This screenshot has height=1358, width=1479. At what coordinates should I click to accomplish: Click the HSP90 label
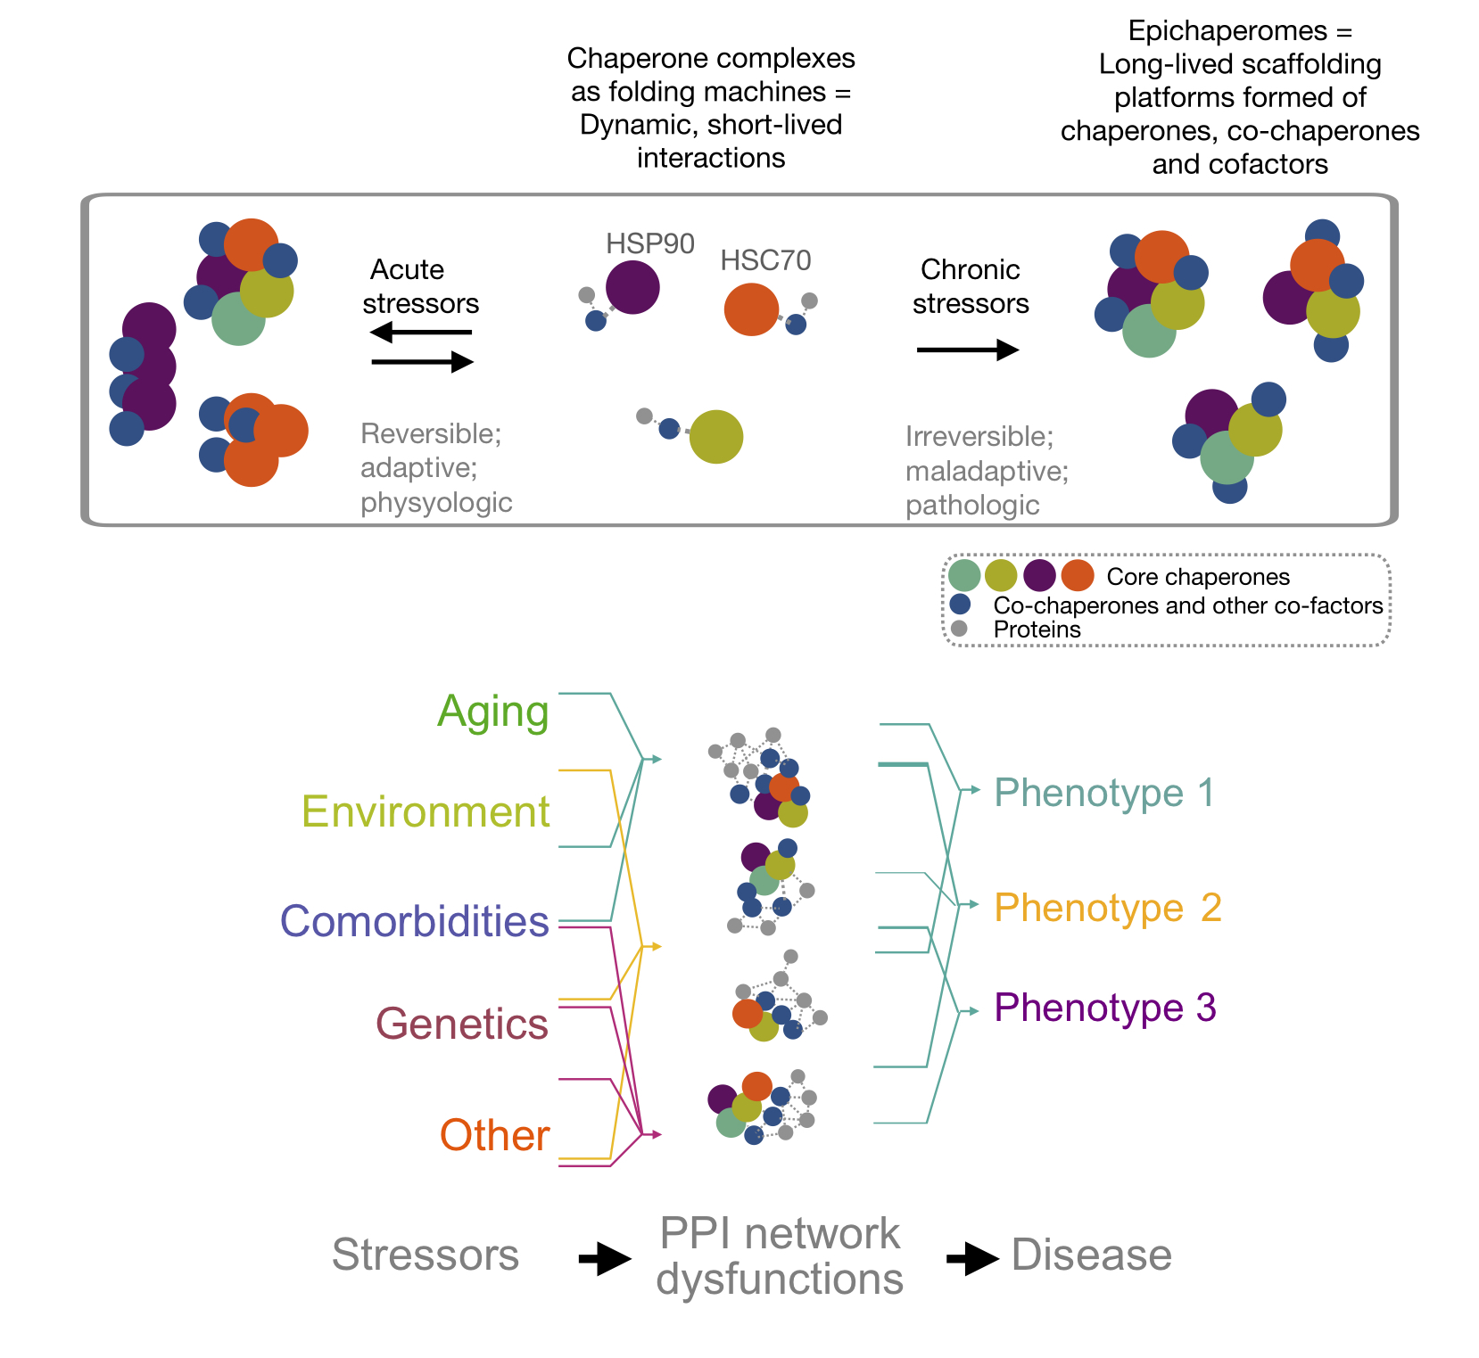tap(649, 243)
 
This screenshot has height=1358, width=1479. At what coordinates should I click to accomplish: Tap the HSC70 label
tap(765, 260)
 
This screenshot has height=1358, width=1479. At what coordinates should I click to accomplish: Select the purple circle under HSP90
tap(632, 287)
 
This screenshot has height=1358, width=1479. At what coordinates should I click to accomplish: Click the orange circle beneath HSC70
tap(751, 309)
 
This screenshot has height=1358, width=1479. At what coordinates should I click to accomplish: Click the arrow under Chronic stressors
tap(968, 350)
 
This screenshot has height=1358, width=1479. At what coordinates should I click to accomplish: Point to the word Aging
tap(493, 712)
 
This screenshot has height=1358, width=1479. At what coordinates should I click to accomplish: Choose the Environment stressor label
tap(426, 812)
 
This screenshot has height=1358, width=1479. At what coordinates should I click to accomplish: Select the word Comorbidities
tap(415, 921)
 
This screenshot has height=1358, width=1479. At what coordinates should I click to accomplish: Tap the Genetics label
tap(462, 1024)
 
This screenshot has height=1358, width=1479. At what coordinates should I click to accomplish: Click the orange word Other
tap(495, 1135)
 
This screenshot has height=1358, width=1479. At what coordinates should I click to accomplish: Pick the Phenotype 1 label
tap(1104, 793)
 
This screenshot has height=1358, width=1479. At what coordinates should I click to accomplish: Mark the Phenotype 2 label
tap(1108, 908)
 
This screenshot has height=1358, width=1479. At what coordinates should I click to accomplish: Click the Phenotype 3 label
tap(1105, 1008)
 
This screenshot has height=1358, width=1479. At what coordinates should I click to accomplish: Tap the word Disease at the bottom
tap(1092, 1255)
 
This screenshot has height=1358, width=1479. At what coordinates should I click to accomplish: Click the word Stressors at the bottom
tap(426, 1255)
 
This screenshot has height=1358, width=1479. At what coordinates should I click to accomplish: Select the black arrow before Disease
tap(971, 1259)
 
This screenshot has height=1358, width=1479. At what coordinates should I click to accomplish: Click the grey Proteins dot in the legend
tap(960, 629)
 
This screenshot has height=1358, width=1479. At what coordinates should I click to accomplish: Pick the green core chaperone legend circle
tap(964, 576)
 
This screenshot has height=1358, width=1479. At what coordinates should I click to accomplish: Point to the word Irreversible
tap(979, 436)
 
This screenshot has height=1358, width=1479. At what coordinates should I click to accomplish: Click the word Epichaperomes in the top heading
tap(1228, 31)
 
